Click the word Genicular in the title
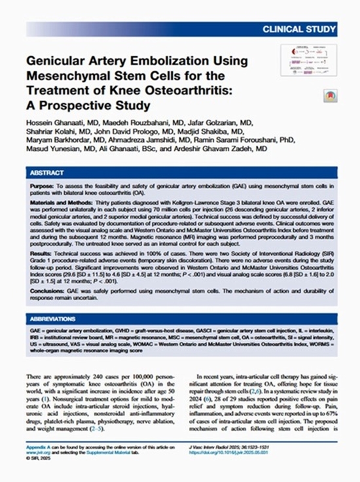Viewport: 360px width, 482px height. tap(56, 61)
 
